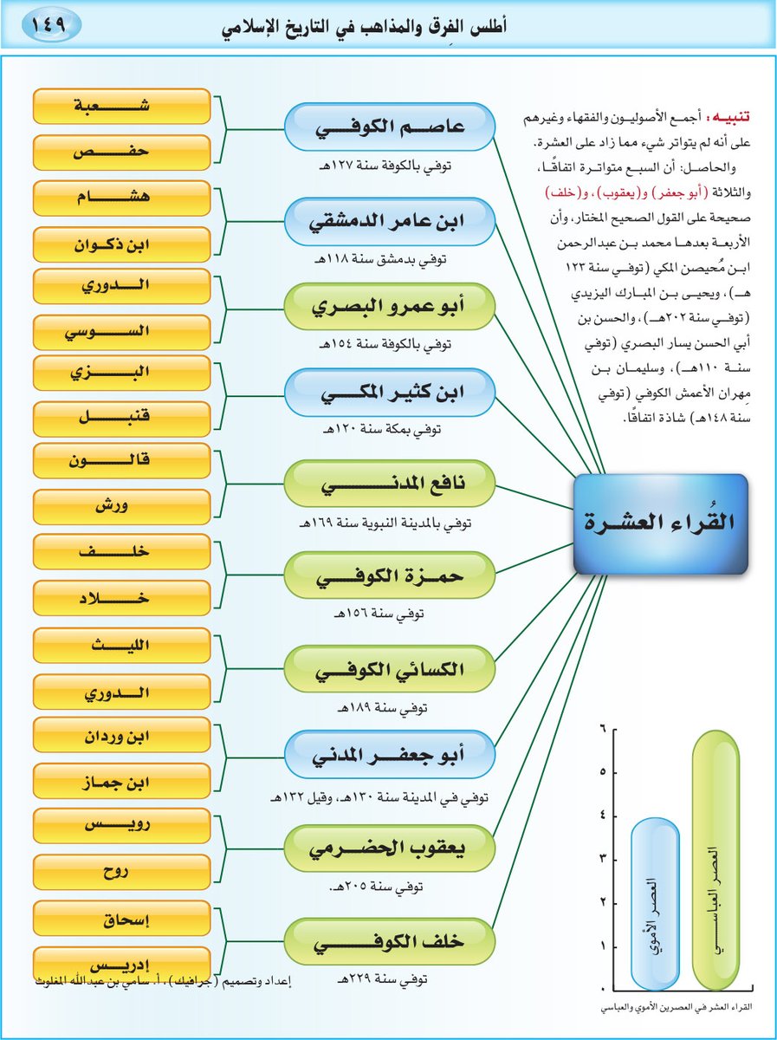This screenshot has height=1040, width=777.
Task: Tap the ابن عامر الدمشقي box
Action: coord(389,220)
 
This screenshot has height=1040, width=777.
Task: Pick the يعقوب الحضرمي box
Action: coord(389,848)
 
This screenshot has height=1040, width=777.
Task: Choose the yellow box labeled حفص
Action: coord(121,153)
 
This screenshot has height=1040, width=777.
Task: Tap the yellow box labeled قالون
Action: coord(121,462)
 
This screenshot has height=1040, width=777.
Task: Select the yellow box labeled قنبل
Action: coord(121,417)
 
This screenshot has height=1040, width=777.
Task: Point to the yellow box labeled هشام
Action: coord(121,198)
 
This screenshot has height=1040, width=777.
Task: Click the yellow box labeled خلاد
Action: coord(121,598)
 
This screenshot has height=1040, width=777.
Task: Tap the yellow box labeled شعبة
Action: coord(121,107)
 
